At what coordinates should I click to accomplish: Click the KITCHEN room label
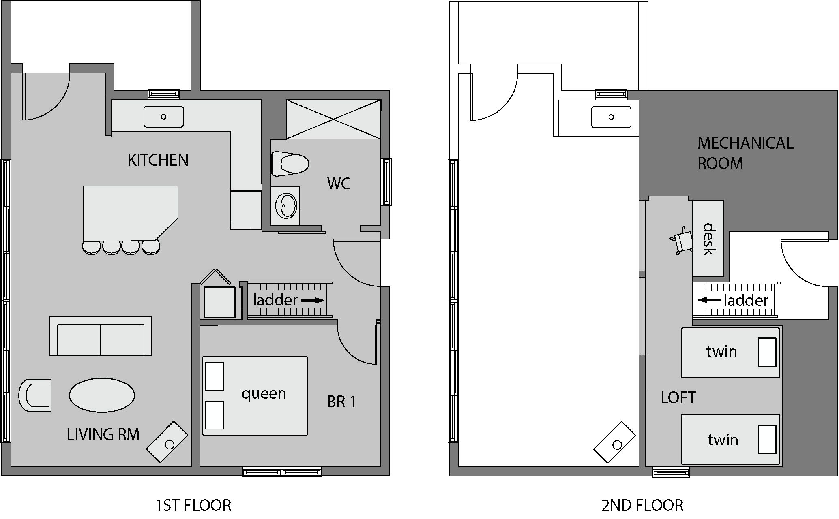pos(158,160)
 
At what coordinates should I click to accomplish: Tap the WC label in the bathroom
pos(339,184)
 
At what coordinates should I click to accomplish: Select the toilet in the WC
pos(290,164)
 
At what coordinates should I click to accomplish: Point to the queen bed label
pos(264,394)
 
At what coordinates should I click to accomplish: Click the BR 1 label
pos(341,402)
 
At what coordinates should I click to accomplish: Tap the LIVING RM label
pos(103,434)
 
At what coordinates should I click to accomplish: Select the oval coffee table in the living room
pos(102,395)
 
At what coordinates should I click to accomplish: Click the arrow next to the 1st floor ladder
pos(313,301)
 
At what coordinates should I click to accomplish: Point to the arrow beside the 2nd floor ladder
pos(709,300)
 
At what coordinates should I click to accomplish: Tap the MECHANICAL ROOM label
pos(745,153)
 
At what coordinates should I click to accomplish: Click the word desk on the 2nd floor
pos(708,239)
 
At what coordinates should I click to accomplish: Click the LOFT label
pos(678,398)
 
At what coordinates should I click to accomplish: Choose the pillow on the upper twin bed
pos(767,352)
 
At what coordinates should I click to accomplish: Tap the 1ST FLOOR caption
pos(193,505)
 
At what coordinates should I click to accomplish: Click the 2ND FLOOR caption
pos(642,505)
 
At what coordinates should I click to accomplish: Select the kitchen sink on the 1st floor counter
pos(163,117)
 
